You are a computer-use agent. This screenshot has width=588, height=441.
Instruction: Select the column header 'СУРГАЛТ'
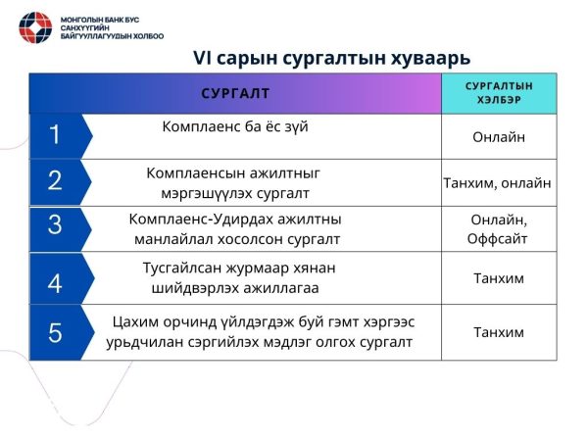[235, 94]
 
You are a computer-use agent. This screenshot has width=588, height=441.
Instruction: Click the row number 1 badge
[55, 136]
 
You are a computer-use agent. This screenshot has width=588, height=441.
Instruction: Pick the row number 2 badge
[55, 180]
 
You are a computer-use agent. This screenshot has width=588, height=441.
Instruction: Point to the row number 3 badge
[55, 225]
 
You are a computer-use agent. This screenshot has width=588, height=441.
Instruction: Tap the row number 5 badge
[55, 333]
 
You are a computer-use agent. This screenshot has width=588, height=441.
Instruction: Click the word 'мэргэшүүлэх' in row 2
[204, 192]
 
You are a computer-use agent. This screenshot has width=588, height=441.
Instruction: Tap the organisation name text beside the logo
[111, 26]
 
